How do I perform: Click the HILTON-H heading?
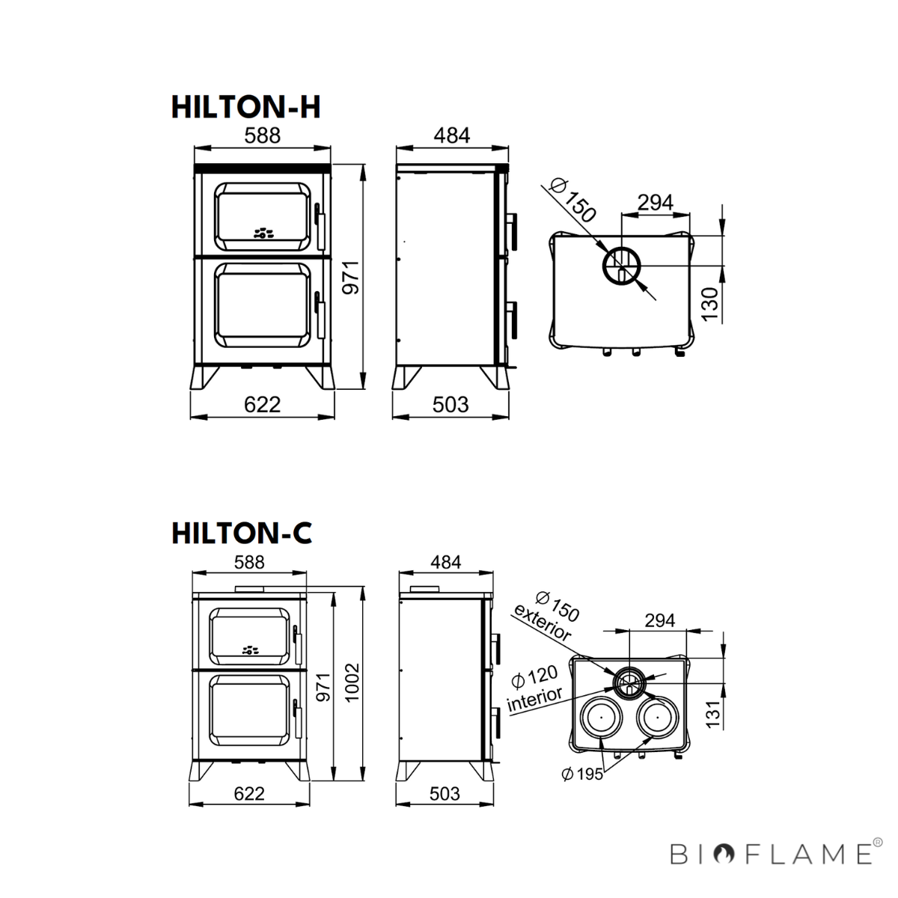[246, 107]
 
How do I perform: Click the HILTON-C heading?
[242, 533]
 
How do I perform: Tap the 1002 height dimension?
[352, 682]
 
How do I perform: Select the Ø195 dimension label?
[582, 774]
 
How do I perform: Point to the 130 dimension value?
[710, 305]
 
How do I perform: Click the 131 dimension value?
[713, 714]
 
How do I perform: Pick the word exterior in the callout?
[542, 623]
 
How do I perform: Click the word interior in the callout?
[535, 699]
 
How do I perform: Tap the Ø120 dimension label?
[534, 676]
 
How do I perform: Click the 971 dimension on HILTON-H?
[352, 278]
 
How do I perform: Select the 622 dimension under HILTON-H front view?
[263, 405]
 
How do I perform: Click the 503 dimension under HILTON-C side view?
[445, 793]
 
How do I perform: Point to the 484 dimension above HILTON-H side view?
[452, 135]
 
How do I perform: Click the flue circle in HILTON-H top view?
[622, 266]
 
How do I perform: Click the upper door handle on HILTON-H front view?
[320, 227]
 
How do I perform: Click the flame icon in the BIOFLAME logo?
[727, 854]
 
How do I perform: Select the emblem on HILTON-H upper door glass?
[263, 233]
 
